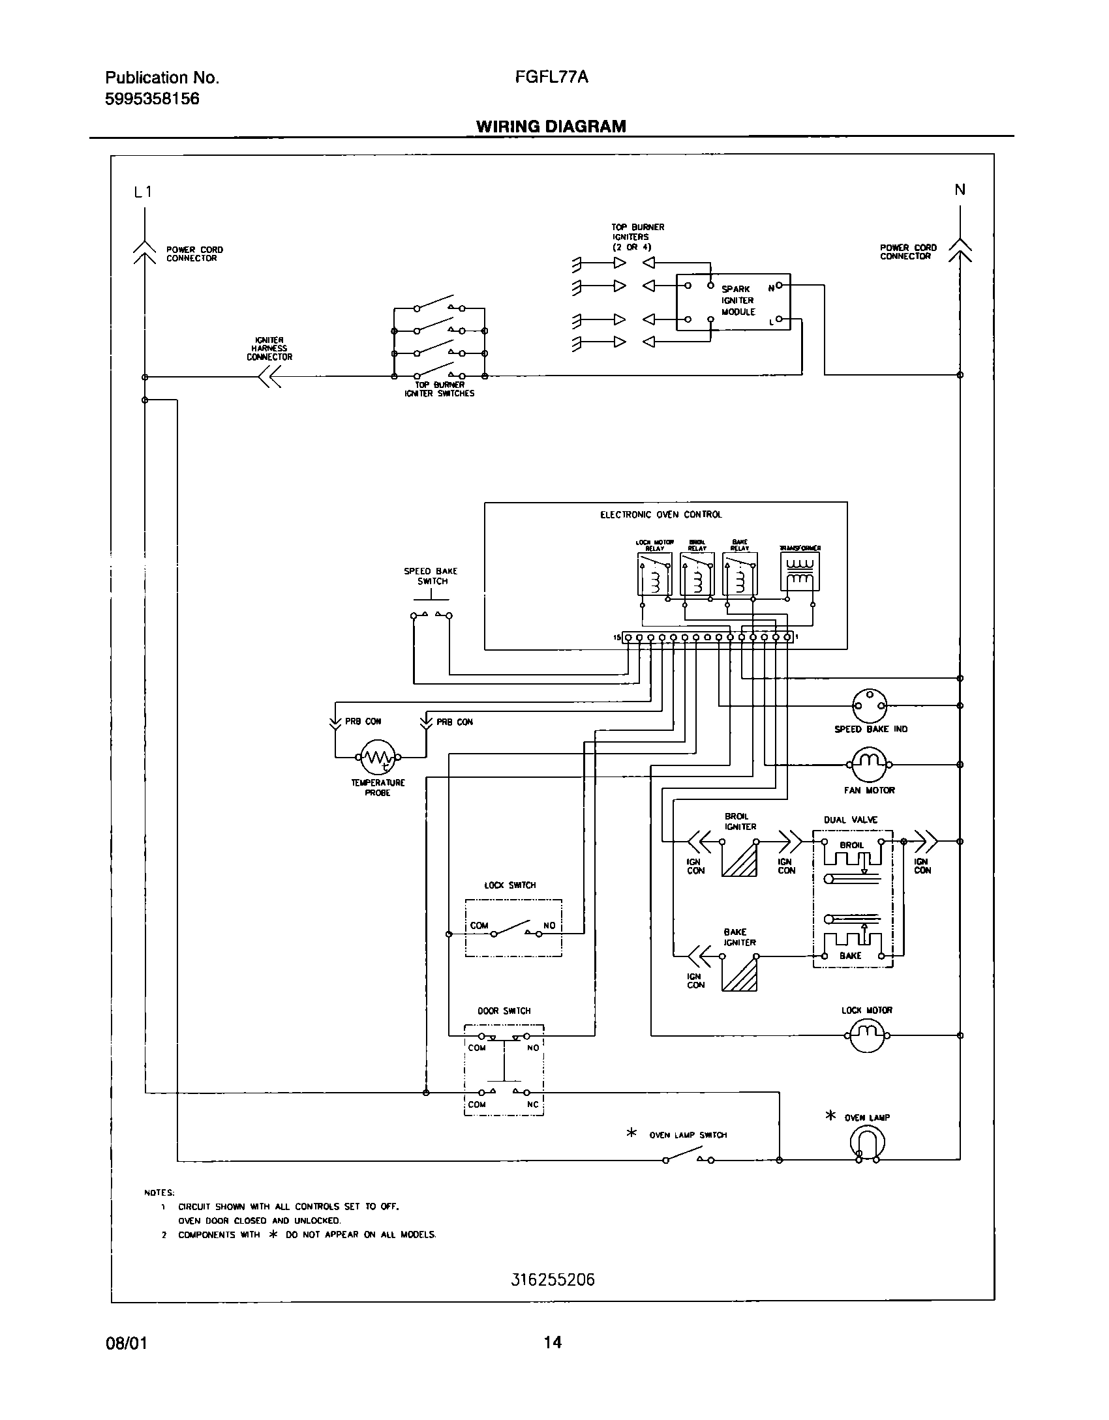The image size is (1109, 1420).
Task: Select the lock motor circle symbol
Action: pyautogui.click(x=867, y=1035)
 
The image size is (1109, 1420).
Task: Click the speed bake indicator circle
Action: pyautogui.click(x=870, y=705)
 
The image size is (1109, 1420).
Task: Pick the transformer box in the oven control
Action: pyautogui.click(x=800, y=574)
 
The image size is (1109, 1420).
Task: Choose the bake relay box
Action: pyautogui.click(x=740, y=574)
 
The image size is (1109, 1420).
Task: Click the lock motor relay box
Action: pyautogui.click(x=654, y=574)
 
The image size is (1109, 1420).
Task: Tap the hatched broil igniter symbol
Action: pyautogui.click(x=739, y=859)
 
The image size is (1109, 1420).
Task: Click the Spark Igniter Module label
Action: pyautogui.click(x=738, y=301)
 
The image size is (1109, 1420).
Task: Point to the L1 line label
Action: pyautogui.click(x=143, y=192)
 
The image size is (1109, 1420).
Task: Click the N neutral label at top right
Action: pyautogui.click(x=960, y=190)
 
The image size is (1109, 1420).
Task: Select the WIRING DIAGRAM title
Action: pyautogui.click(x=551, y=126)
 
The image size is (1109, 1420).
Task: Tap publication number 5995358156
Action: pyautogui.click(x=152, y=99)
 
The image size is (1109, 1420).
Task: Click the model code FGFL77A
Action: pyautogui.click(x=551, y=77)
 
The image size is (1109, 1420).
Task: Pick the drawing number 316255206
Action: pyautogui.click(x=553, y=1280)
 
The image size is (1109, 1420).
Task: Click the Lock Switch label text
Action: pyautogui.click(x=509, y=885)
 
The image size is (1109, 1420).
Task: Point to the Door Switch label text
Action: pyautogui.click(x=504, y=1011)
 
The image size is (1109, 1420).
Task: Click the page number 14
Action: pyautogui.click(x=553, y=1342)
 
